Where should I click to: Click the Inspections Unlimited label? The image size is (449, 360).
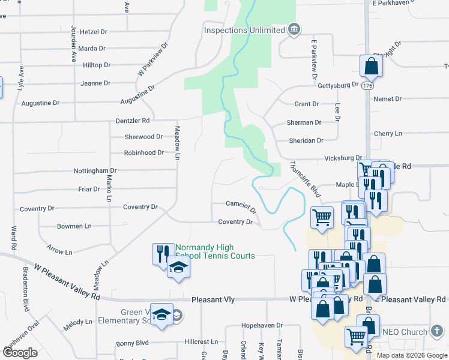pyautogui.click(x=244, y=30)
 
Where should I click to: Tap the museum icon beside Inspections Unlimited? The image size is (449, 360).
pyautogui.click(x=294, y=29)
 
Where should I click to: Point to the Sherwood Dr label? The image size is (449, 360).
pyautogui.click(x=143, y=137)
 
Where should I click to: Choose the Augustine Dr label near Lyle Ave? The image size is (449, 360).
pyautogui.click(x=40, y=103)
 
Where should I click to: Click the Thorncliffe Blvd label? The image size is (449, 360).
pyautogui.click(x=306, y=179)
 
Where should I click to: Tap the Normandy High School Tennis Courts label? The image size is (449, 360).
pyautogui.click(x=214, y=252)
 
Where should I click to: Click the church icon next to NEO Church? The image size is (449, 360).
pyautogui.click(x=438, y=331)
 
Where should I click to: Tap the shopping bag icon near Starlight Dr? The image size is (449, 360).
pyautogui.click(x=371, y=67)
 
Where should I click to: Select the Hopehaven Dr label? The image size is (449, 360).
pyautogui.click(x=262, y=325)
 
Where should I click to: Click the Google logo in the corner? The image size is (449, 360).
pyautogui.click(x=20, y=353)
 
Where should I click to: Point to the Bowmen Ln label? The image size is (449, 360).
pyautogui.click(x=74, y=226)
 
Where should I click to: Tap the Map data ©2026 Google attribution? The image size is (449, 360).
pyautogui.click(x=411, y=355)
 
